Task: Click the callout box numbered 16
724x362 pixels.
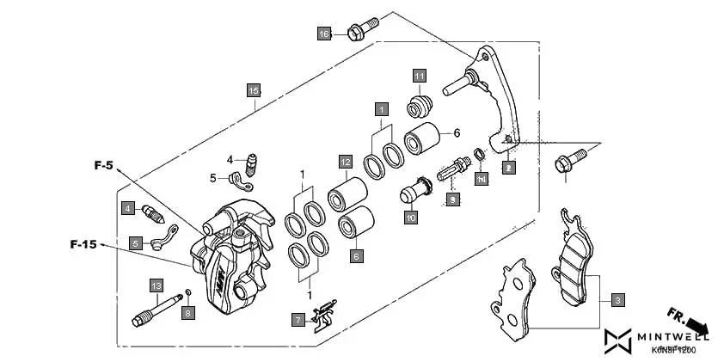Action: click(x=324, y=34)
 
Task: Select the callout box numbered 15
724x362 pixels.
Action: click(x=253, y=90)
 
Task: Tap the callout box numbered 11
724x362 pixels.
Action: click(x=419, y=75)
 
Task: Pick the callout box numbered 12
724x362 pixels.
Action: click(x=345, y=162)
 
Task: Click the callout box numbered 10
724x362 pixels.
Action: click(x=411, y=218)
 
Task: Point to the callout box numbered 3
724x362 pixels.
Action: click(x=617, y=300)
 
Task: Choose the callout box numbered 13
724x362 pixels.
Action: click(x=156, y=285)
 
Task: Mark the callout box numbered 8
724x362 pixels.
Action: click(x=187, y=313)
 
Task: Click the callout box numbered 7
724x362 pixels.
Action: click(x=298, y=320)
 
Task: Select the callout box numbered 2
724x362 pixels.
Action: click(x=508, y=168)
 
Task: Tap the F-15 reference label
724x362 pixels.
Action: click(x=83, y=245)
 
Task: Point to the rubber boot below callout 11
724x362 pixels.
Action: click(x=418, y=107)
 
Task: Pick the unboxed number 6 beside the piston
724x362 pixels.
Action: click(x=457, y=132)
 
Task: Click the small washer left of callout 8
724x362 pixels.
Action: click(x=188, y=296)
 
